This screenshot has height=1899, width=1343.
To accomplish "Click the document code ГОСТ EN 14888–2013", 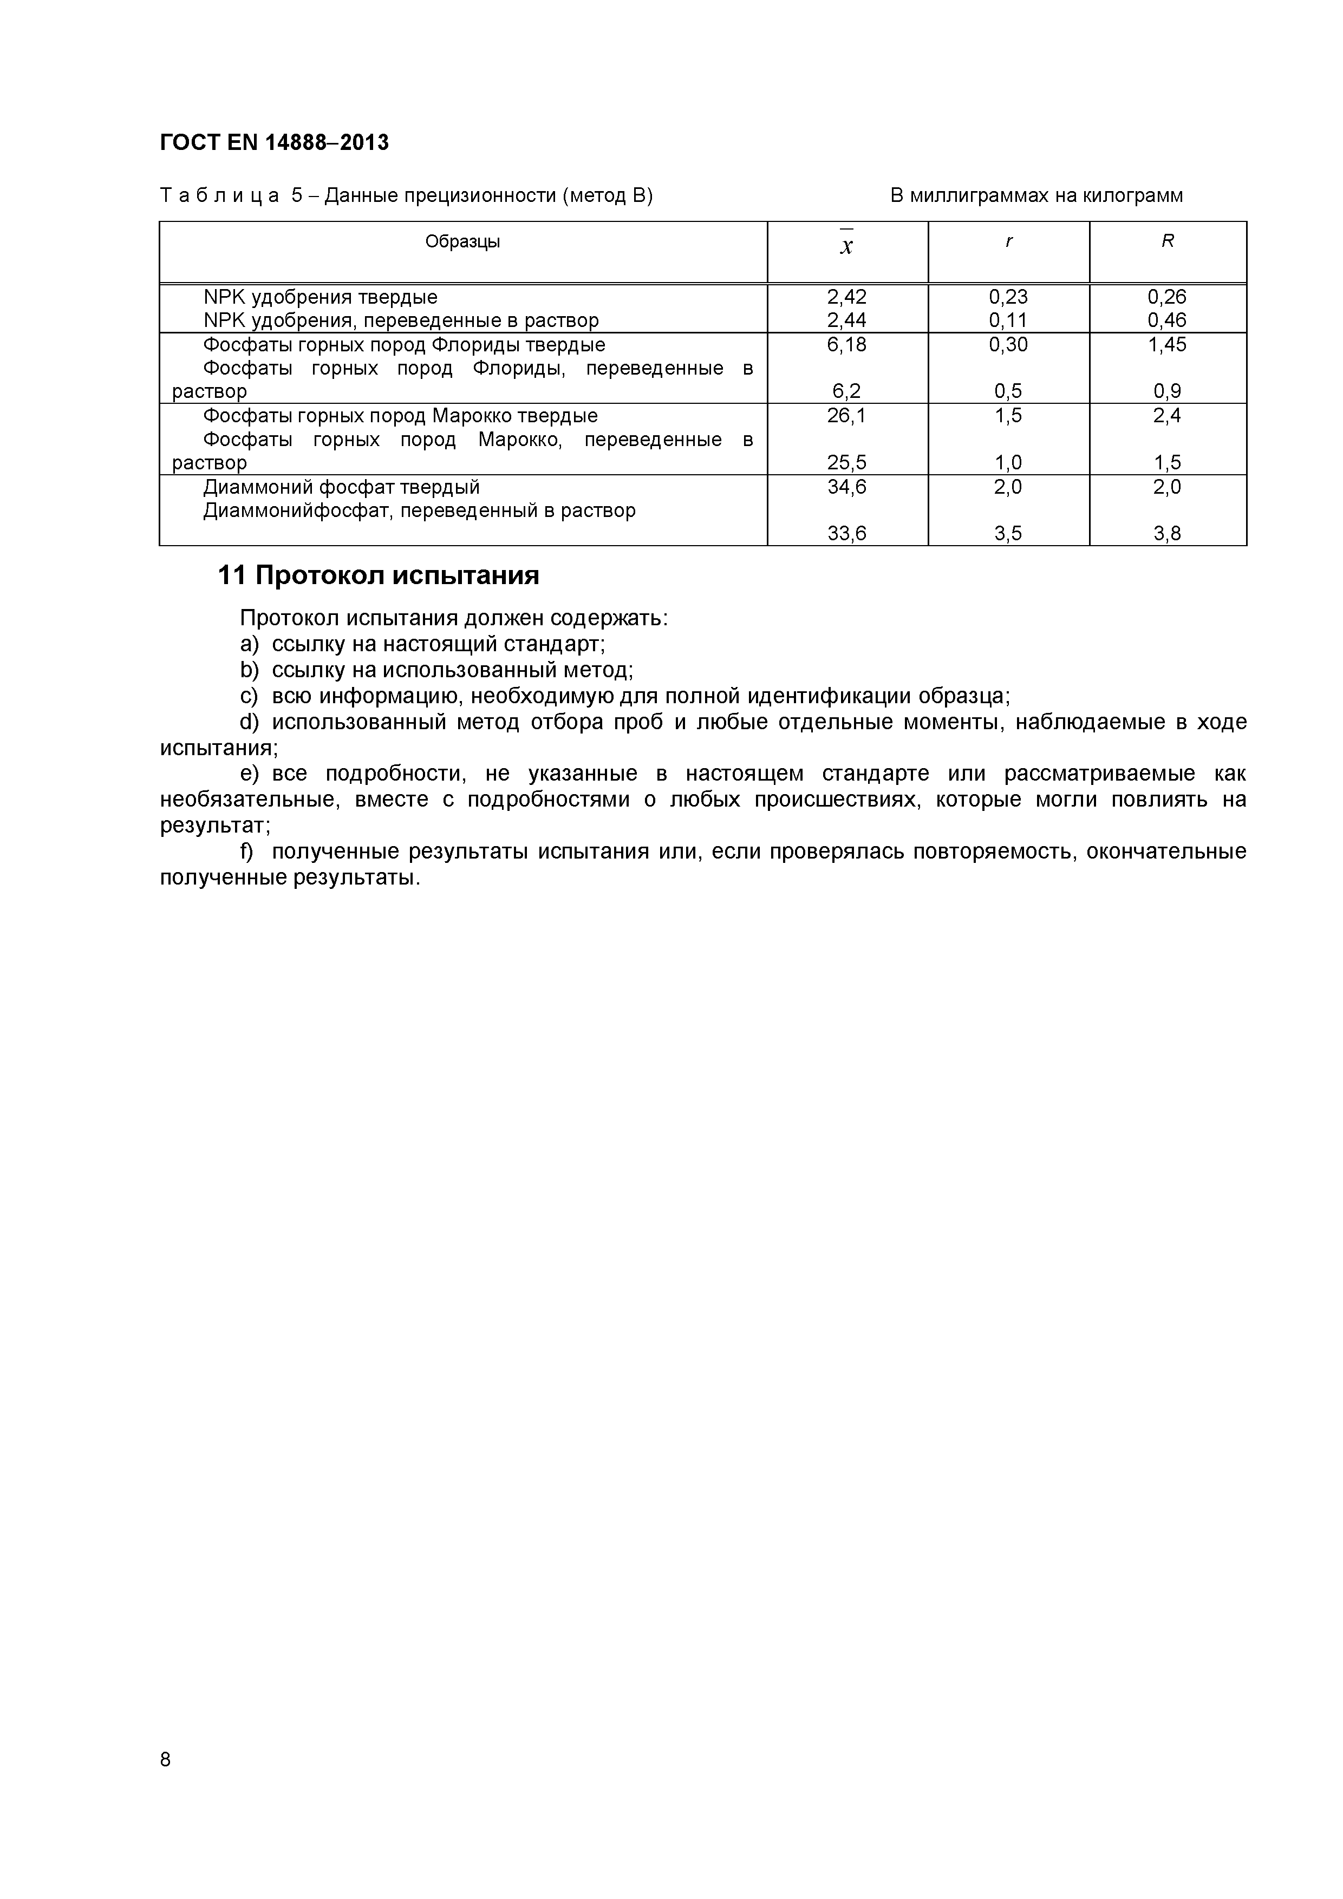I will click(274, 143).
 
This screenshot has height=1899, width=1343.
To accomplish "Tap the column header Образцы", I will click(462, 241).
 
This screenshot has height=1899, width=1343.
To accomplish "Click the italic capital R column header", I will click(1168, 241).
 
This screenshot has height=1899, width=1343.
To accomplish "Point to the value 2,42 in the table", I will click(846, 297).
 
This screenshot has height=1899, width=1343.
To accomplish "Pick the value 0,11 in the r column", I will click(1008, 320).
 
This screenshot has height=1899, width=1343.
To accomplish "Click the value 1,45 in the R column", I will click(1167, 344).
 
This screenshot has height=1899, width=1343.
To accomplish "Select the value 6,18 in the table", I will click(846, 344).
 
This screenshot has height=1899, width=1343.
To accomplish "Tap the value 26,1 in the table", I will click(846, 415).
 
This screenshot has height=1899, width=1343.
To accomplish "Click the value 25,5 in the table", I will click(846, 462).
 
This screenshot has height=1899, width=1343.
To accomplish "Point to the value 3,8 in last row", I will click(1167, 533).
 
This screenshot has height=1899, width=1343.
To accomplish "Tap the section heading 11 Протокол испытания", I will click(378, 575).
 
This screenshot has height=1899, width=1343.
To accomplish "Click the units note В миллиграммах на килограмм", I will click(1036, 196).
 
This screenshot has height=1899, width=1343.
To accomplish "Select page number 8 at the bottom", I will click(166, 1783).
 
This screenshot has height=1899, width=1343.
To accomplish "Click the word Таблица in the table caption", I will click(219, 196).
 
